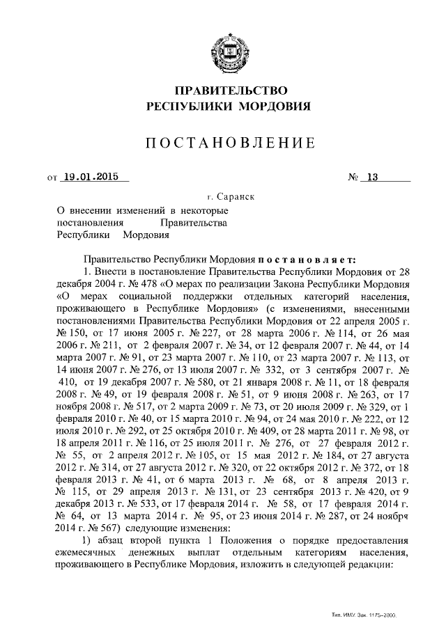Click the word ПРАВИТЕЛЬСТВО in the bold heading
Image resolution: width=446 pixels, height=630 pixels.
coord(229,90)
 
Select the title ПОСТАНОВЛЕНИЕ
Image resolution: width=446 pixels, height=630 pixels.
coord(229,143)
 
